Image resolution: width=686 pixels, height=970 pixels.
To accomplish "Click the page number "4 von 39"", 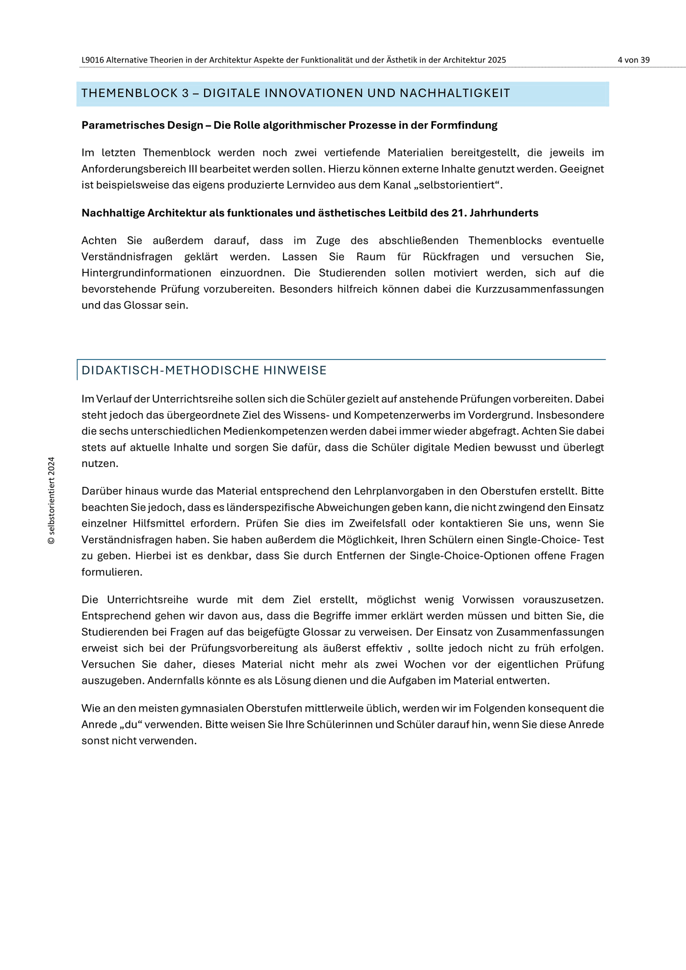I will [633, 60].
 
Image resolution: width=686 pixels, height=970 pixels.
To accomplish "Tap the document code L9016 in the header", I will [93, 60].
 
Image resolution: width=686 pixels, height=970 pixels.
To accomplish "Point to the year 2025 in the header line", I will [496, 60].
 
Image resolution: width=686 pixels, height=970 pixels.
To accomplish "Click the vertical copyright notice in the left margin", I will [52, 501].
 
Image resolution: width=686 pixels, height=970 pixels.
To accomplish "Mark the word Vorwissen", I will [488, 600].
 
